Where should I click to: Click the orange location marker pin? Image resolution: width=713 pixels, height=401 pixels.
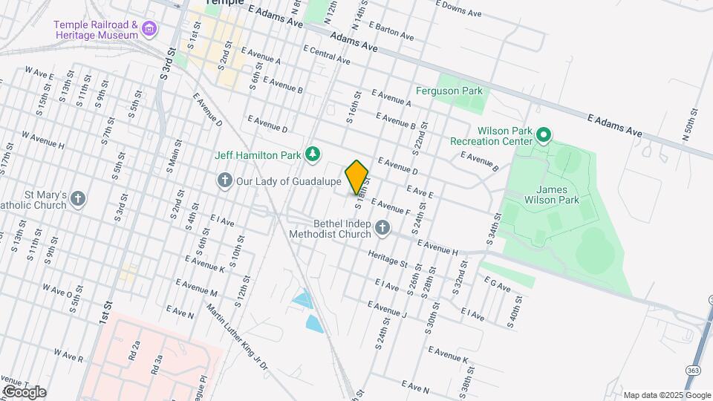(x=357, y=177)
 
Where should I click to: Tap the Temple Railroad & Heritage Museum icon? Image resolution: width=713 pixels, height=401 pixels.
(x=150, y=30)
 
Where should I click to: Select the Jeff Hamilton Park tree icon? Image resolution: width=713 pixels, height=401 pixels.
(x=313, y=154)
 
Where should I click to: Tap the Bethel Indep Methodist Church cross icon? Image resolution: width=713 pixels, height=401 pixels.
(x=382, y=227)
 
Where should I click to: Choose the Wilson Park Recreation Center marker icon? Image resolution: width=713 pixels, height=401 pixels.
(x=544, y=135)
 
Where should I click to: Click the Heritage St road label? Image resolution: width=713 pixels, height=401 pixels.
(x=388, y=258)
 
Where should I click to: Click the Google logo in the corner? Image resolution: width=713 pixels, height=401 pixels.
(x=24, y=391)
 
